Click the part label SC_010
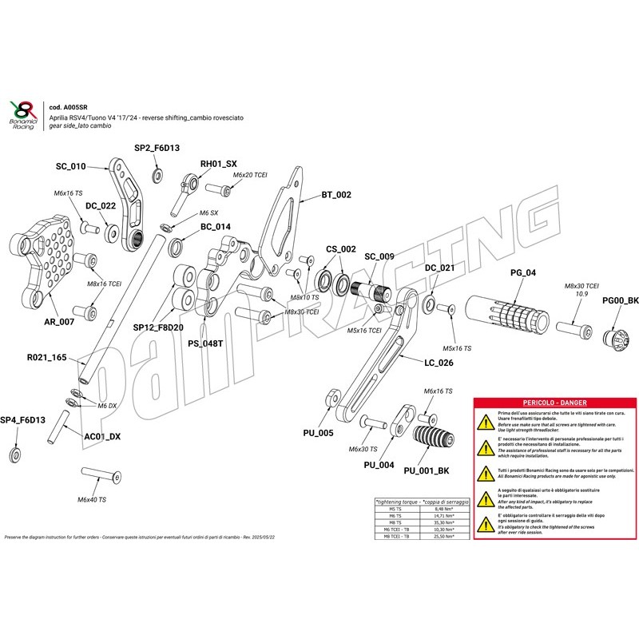(70, 167)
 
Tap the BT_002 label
(336, 195)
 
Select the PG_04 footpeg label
(523, 273)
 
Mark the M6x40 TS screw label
(91, 499)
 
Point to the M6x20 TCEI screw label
(249, 174)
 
